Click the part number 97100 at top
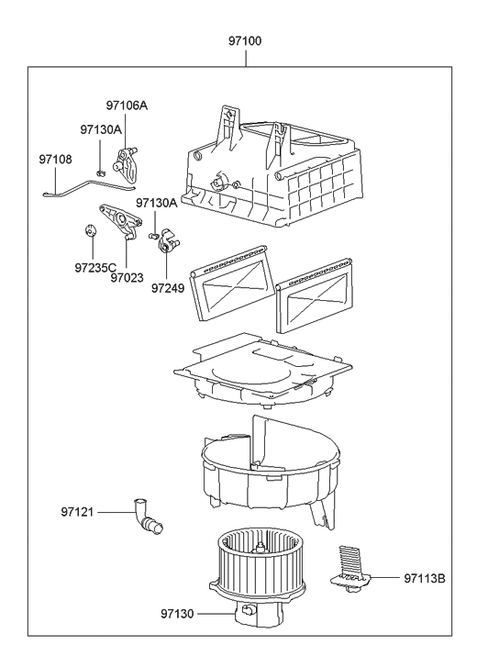coord(245,41)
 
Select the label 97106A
coord(127,106)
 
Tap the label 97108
coord(55,159)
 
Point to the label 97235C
coord(95,268)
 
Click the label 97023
coord(127,278)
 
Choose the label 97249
coord(168,288)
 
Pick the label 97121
coord(77,512)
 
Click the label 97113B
coord(424,579)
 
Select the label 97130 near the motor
coord(177,614)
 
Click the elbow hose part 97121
coord(146,516)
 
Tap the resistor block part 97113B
coord(350,570)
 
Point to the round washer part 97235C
coord(90,230)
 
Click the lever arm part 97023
coord(121,220)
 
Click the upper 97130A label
coord(101,130)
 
